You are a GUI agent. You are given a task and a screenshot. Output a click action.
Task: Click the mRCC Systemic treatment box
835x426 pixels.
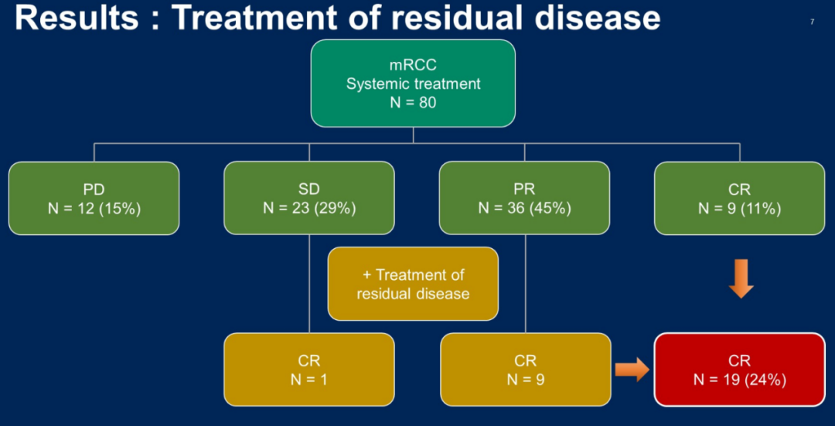tap(413, 83)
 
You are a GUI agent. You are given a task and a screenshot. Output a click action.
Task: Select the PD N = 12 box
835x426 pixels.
tap(94, 198)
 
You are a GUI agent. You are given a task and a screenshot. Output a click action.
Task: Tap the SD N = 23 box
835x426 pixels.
tap(309, 198)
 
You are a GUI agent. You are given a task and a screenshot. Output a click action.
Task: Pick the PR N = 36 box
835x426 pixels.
tap(524, 198)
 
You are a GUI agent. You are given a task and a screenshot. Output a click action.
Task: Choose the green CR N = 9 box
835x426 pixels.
tap(739, 198)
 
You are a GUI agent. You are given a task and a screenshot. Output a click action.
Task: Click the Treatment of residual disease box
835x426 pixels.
tap(413, 284)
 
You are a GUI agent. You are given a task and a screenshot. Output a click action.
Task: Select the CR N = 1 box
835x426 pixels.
tap(309, 370)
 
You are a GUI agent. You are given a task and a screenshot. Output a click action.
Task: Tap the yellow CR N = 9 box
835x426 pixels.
tap(525, 370)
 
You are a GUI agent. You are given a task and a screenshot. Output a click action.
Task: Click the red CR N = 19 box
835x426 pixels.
tap(739, 370)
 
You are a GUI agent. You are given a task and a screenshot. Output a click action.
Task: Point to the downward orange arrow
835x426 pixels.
tap(741, 279)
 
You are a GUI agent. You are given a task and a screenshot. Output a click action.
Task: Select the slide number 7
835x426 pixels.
tap(812, 22)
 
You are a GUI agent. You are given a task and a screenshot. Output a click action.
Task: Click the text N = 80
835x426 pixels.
tap(413, 101)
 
